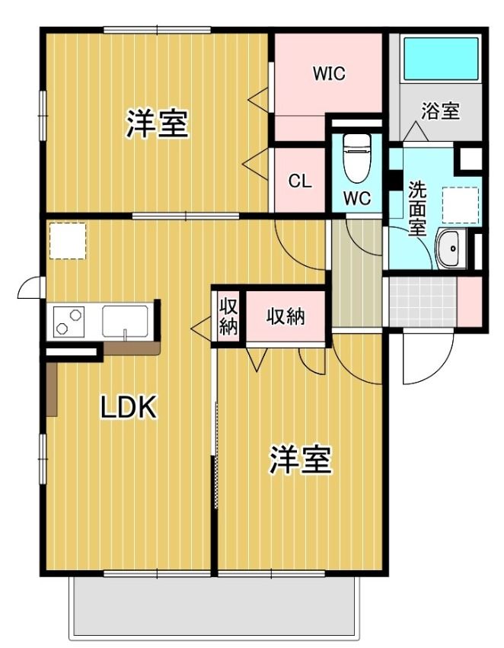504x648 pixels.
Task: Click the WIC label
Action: click(329, 73)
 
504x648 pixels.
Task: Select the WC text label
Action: click(357, 199)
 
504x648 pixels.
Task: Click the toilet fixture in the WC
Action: click(356, 159)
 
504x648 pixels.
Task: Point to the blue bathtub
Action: click(441, 59)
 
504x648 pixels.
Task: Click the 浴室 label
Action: click(441, 111)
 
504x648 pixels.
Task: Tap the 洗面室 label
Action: click(417, 209)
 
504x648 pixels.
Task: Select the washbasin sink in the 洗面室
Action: click(452, 249)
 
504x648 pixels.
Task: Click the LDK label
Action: click(129, 407)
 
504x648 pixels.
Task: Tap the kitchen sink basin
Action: click(125, 321)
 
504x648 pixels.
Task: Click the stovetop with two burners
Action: click(69, 322)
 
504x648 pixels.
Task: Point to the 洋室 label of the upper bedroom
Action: click(157, 123)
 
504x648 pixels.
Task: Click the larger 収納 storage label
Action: click(285, 316)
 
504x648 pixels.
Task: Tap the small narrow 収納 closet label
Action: click(228, 316)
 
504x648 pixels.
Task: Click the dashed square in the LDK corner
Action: click(67, 240)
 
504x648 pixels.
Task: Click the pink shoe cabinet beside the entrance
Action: click(469, 301)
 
